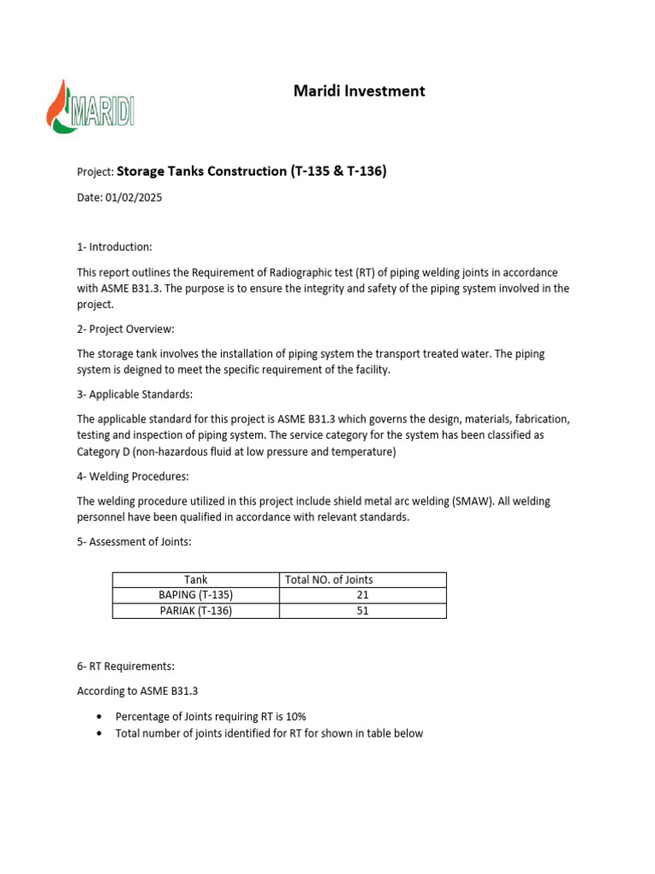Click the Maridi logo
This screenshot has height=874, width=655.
(90, 107)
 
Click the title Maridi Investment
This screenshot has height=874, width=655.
(359, 90)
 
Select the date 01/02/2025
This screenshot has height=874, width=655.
(133, 198)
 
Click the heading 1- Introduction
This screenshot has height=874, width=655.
(114, 247)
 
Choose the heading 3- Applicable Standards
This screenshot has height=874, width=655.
(135, 394)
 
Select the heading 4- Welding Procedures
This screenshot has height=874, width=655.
(132, 475)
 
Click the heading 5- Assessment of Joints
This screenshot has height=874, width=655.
(133, 541)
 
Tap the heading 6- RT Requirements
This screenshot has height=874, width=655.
(125, 666)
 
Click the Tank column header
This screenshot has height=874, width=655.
(196, 580)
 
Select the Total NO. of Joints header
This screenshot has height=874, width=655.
(328, 580)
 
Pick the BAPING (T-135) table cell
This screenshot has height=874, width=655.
(196, 595)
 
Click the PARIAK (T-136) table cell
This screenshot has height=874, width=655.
(196, 611)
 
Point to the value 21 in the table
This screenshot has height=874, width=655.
(362, 595)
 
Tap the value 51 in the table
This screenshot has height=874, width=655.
(362, 611)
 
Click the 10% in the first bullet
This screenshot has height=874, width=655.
(295, 716)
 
